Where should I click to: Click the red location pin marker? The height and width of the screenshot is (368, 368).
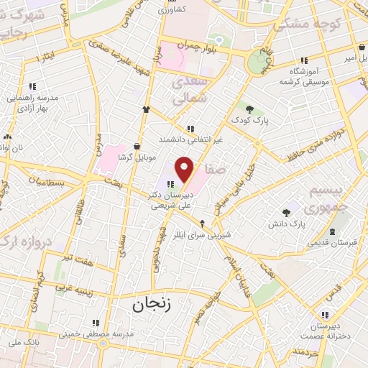(185, 169)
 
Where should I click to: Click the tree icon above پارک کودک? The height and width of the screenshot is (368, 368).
(249, 109)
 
